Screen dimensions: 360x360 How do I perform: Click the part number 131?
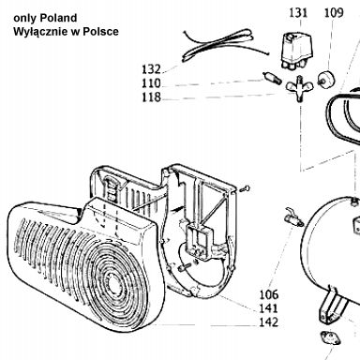click(298, 13)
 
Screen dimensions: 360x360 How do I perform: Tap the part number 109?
click(334, 13)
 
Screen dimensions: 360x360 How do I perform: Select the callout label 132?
click(151, 69)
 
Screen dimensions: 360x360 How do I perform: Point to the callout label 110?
click(151, 83)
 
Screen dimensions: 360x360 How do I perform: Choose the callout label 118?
click(151, 97)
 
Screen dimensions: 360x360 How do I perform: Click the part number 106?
click(269, 294)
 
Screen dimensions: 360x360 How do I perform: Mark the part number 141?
click(269, 308)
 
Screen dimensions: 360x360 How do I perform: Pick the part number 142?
click(269, 322)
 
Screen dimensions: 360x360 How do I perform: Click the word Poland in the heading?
click(58, 18)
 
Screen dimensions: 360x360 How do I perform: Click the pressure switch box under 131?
click(294, 51)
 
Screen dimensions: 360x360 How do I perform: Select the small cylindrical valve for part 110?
click(270, 78)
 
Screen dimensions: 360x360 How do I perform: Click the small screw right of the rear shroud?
click(245, 188)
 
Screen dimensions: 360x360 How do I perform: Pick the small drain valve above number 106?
click(293, 217)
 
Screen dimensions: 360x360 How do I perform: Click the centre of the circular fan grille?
click(112, 280)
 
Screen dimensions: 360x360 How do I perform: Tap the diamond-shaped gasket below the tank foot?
click(330, 338)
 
